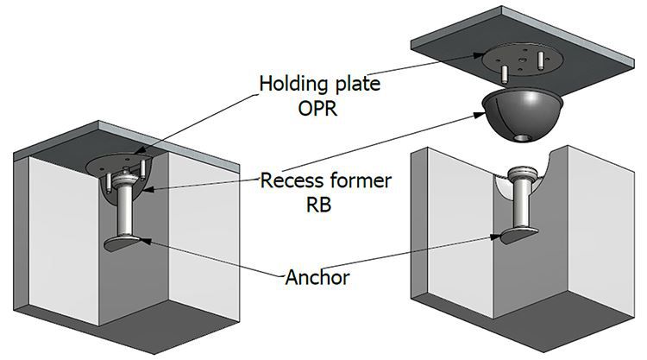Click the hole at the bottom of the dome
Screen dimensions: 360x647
click(x=520, y=138)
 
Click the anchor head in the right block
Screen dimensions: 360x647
click(x=525, y=172)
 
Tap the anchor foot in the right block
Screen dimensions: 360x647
click(x=511, y=235)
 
